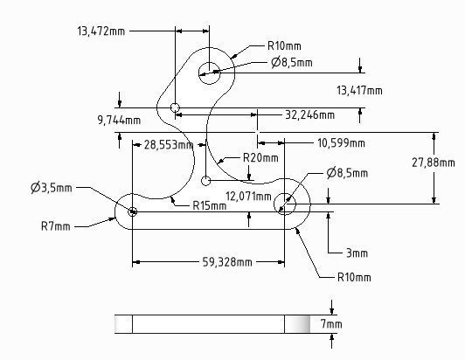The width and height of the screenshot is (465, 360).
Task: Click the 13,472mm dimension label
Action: point(101,31)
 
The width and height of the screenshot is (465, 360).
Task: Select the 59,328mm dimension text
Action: point(227,262)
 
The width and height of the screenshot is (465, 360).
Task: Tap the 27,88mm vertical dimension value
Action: point(433,163)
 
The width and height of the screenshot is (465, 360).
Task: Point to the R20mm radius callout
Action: point(260,158)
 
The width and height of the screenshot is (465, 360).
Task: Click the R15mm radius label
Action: point(210,205)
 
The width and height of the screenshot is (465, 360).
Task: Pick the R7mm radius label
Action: point(56,226)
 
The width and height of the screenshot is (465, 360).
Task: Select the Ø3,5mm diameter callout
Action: point(52,188)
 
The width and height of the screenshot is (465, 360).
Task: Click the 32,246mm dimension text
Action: point(310,114)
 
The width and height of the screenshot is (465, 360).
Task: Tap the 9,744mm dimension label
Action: point(119,120)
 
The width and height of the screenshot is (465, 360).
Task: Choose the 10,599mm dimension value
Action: point(341,143)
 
